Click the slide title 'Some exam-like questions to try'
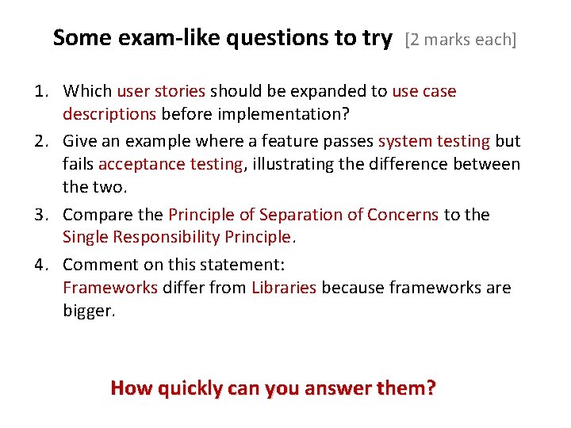[222, 37]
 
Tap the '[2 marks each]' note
[461, 40]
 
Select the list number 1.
[44, 91]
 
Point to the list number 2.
[44, 141]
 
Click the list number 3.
[44, 215]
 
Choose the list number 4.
[44, 264]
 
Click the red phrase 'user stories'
[161, 91]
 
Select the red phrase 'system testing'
[434, 141]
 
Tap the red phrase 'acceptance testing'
[171, 164]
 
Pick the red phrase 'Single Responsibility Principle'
[177, 237]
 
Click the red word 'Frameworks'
[110, 287]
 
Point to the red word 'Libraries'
[284, 287]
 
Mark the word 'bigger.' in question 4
[89, 311]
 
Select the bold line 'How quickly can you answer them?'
[274, 388]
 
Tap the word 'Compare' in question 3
[94, 215]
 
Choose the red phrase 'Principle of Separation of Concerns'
[304, 215]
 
